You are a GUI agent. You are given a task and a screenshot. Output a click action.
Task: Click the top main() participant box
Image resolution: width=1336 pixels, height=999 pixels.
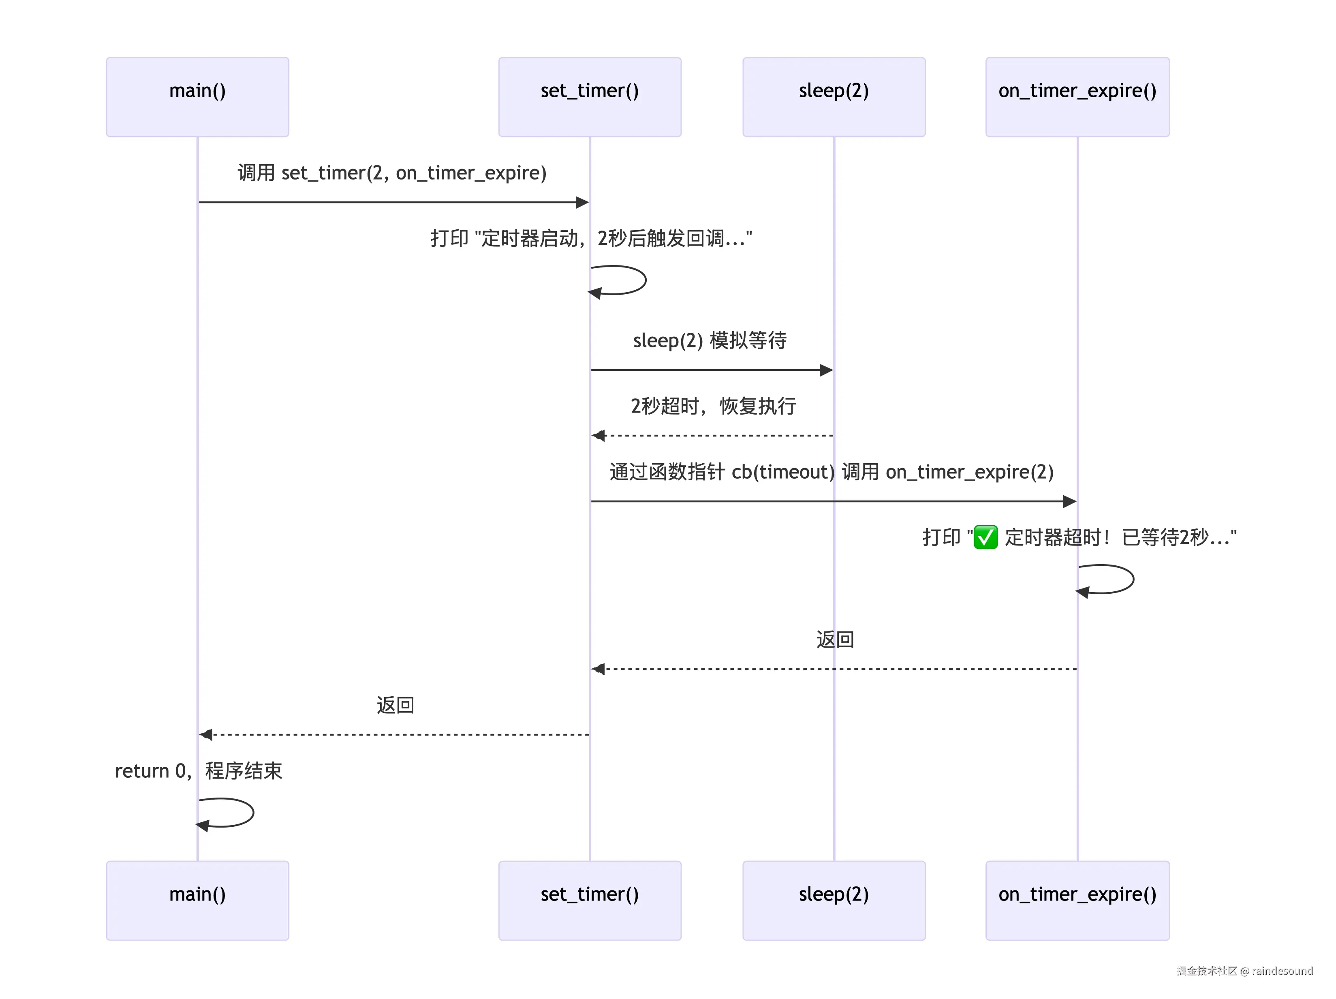pos(197,96)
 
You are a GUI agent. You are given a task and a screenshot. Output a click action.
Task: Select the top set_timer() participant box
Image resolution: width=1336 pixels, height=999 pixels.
pos(590,96)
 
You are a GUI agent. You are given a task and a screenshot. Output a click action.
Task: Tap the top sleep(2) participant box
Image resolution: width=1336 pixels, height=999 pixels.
pos(834,96)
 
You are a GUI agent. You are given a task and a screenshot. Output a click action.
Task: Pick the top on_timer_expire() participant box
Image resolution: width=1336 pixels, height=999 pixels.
pos(1077,96)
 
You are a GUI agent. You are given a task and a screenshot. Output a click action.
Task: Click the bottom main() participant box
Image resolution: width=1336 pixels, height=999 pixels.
pos(197,900)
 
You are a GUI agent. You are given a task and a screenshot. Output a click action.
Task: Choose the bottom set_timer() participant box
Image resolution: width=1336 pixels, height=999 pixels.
pos(590,900)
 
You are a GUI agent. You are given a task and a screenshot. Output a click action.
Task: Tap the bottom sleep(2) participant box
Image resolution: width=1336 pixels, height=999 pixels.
pos(834,900)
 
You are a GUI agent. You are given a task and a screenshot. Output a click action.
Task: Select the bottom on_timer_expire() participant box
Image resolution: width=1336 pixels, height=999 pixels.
pos(1077,900)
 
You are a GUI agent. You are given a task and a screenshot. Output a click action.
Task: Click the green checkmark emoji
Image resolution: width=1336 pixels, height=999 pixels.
pos(986,537)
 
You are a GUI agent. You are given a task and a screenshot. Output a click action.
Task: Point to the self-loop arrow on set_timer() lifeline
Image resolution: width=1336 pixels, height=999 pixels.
pos(646,280)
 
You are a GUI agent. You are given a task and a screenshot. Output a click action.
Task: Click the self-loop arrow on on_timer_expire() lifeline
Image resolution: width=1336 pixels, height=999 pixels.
pos(1133,579)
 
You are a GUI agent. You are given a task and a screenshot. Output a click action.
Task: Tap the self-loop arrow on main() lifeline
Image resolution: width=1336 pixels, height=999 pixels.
pos(253,812)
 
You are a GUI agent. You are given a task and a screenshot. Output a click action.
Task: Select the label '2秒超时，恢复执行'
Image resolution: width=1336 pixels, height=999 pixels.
pos(713,406)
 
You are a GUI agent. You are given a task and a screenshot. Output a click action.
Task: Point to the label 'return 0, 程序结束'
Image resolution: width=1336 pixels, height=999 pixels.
pos(199,771)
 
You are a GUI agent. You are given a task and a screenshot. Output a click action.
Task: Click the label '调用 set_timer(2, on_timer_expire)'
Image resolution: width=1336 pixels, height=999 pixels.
pos(392,173)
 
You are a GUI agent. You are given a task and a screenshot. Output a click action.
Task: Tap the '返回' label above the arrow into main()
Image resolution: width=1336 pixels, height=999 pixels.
pos(395,705)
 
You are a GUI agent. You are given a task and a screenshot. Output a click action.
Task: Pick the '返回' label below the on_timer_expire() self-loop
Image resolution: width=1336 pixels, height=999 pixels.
pos(835,639)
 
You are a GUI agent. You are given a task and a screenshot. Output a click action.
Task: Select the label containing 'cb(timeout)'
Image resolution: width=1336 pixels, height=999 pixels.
pos(832,472)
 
